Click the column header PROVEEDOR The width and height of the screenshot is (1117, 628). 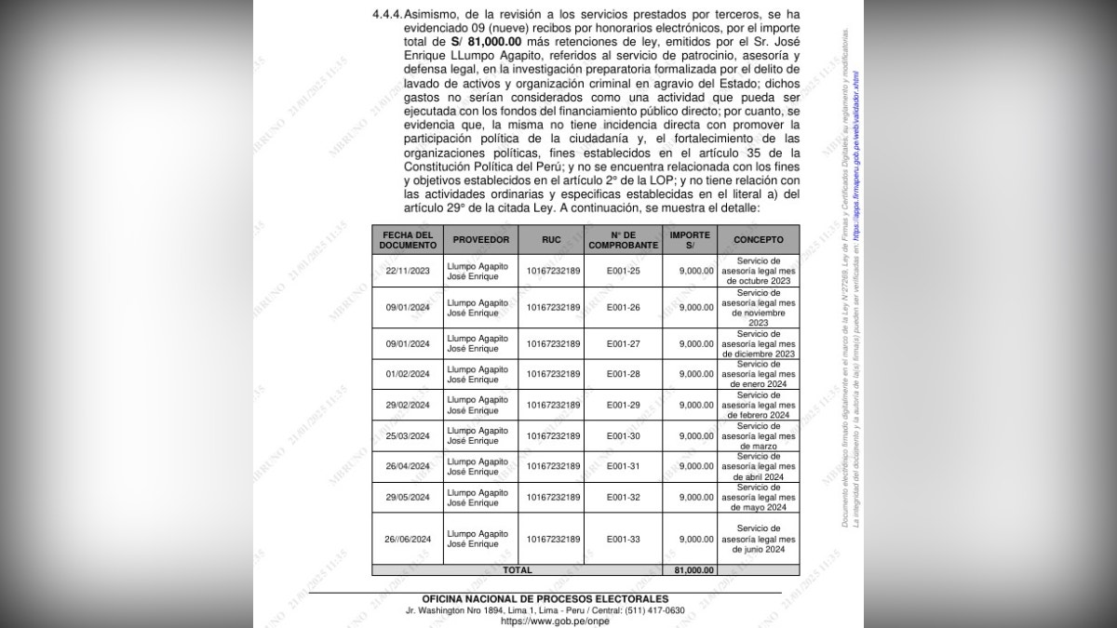pos(480,239)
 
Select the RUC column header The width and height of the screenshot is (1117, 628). pos(552,239)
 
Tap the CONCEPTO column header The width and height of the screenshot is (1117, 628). pos(758,239)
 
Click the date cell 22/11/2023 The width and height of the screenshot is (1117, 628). pos(407,270)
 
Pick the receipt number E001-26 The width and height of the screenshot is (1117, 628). pos(624,306)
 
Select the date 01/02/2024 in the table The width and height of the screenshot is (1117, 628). pos(407,373)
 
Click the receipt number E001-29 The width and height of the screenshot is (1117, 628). pos(624,405)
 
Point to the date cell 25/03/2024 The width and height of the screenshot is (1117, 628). pos(407,435)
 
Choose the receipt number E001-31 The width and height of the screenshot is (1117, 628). pos(624,466)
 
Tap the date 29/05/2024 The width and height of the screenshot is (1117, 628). pos(407,497)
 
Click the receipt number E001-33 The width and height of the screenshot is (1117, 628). pos(624,539)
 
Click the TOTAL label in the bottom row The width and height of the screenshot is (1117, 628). pos(518,569)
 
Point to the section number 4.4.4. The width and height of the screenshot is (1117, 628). pos(384,16)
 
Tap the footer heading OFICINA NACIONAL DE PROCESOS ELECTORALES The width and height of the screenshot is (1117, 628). pos(545,598)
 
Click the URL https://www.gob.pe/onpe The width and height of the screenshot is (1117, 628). pos(545,621)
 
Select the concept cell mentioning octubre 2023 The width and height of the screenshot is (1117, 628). pos(758,270)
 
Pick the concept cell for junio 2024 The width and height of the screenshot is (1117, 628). pos(758,539)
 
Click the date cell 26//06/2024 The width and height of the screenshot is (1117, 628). pos(407,539)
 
